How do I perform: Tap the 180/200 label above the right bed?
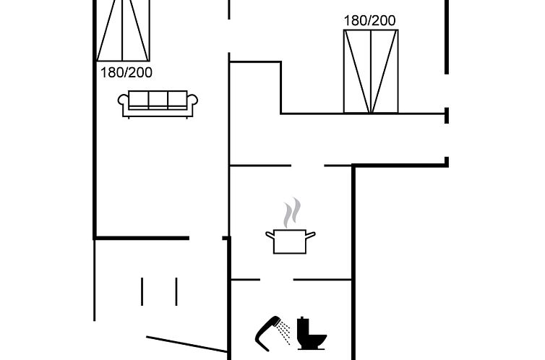point(369,20)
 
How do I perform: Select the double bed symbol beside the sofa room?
point(124,30)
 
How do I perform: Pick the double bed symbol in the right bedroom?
point(371,72)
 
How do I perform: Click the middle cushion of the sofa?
point(158,100)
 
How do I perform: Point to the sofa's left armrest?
point(123,103)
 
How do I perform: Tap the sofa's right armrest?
point(192,103)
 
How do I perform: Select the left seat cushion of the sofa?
point(139,100)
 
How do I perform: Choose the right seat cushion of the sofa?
point(177,100)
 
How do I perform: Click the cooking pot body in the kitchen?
point(291,242)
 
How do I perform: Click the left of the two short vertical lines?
point(142,291)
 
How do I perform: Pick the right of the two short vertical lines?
point(176,291)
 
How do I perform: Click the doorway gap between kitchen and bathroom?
point(276,280)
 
